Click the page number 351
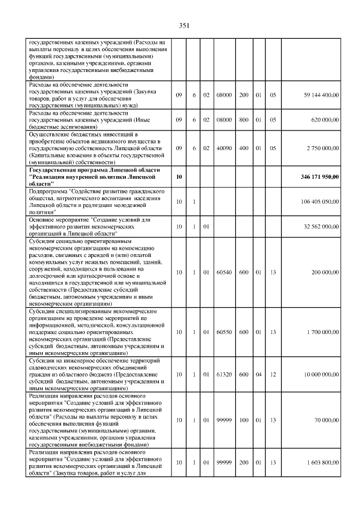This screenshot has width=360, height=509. click(183, 25)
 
